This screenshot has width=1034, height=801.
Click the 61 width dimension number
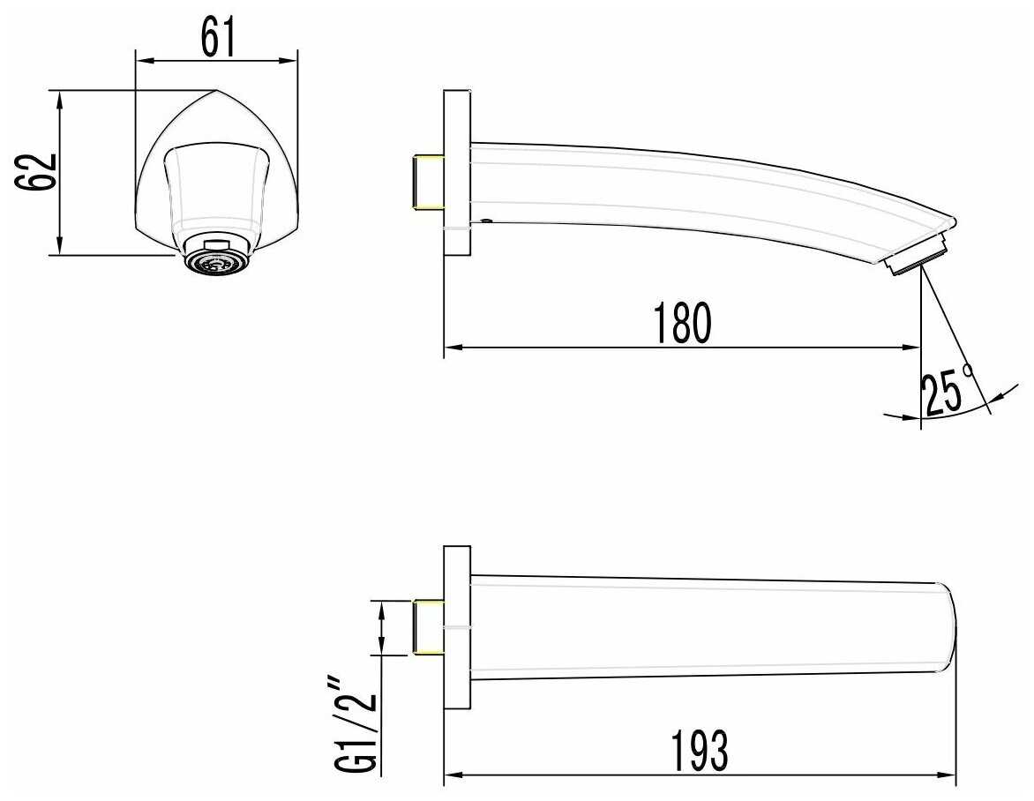[x=218, y=38]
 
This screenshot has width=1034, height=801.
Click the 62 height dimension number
[x=36, y=172]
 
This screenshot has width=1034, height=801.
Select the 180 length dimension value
[x=683, y=323]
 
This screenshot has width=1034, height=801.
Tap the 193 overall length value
[x=700, y=750]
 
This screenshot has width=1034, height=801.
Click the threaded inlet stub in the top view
[x=428, y=627]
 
